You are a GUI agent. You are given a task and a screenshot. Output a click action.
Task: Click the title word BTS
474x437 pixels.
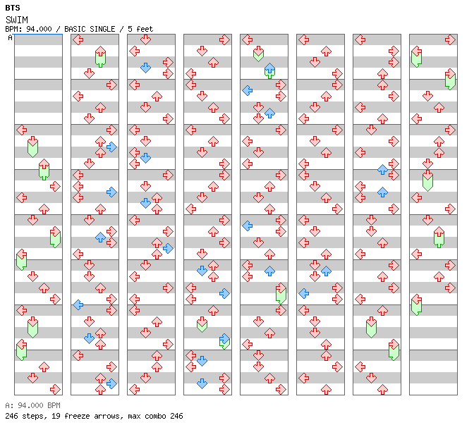[x=13, y=8]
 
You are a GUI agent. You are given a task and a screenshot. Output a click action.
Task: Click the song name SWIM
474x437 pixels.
[x=17, y=20]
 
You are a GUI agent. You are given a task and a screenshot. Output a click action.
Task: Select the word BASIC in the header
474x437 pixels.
[x=75, y=29]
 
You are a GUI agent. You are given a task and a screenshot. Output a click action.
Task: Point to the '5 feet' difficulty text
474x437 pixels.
[x=140, y=29]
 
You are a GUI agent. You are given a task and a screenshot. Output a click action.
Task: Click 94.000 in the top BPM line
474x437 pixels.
[x=39, y=29]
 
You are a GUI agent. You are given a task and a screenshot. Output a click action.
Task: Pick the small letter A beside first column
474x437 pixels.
[x=11, y=38]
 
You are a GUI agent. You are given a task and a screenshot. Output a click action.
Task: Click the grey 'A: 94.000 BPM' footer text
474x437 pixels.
[x=32, y=405]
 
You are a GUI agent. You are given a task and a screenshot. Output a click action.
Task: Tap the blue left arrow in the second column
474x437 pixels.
[x=78, y=304]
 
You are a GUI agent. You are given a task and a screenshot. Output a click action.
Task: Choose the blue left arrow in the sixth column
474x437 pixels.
[x=304, y=293]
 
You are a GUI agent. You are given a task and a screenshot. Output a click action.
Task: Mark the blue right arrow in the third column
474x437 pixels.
[x=168, y=248]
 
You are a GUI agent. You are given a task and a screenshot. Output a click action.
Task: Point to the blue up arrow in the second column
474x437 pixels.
[x=100, y=238]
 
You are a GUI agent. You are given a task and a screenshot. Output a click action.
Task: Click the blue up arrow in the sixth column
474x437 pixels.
[x=326, y=271]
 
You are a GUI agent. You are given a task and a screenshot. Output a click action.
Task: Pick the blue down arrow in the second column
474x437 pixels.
[x=89, y=338]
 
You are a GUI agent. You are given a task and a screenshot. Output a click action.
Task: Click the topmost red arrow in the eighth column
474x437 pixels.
[x=450, y=39]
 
